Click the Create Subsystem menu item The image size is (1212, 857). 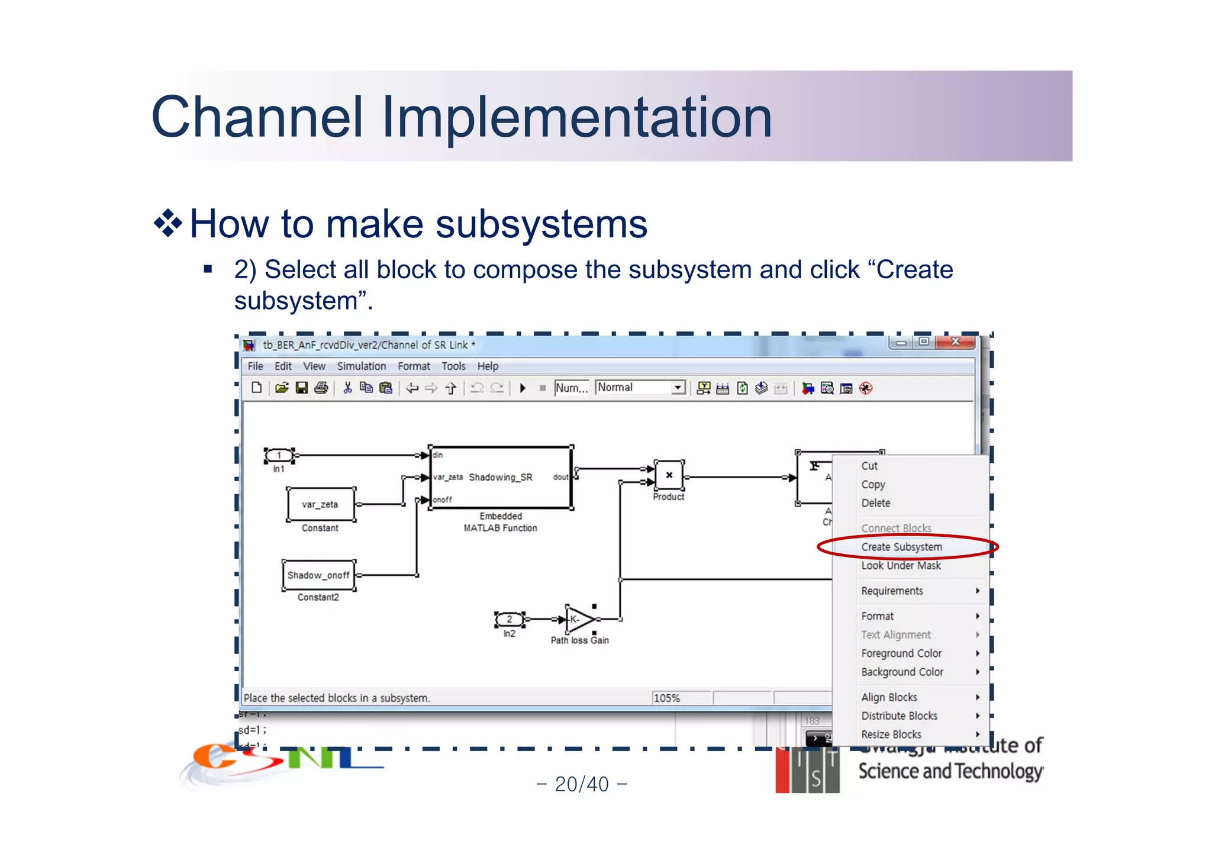[901, 547]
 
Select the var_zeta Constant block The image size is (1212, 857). [320, 504]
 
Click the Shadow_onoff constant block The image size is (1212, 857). [318, 575]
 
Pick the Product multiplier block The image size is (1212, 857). [669, 475]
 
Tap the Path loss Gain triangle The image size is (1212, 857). [579, 620]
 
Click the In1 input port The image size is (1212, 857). [279, 456]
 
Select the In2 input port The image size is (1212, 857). [509, 620]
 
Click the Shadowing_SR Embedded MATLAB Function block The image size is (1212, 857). [500, 478]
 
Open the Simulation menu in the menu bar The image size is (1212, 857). [361, 366]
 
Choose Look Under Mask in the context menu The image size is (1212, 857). [900, 566]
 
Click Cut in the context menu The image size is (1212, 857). [869, 466]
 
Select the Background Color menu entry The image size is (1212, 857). [902, 672]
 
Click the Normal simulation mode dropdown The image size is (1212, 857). [640, 388]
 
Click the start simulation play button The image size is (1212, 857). [523, 388]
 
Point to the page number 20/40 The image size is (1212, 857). [582, 784]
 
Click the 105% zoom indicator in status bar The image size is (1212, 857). [667, 698]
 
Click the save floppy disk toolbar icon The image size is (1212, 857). [302, 388]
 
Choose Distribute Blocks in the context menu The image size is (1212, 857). [899, 716]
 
